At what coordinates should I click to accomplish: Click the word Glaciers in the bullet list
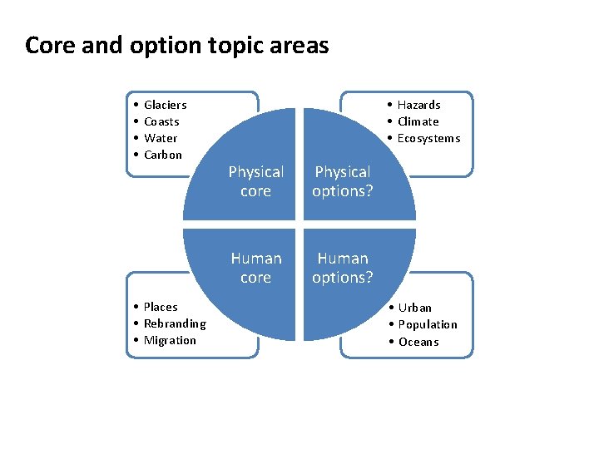point(165,105)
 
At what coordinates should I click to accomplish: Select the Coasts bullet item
point(161,121)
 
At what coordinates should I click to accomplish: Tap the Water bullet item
point(161,138)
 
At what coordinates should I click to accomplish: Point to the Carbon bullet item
point(162,155)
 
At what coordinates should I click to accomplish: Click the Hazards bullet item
point(418,105)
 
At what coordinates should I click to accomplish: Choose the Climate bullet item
point(418,121)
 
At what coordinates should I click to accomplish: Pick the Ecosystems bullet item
point(428,138)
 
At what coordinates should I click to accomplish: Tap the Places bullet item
point(161,307)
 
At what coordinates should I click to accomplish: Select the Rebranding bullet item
point(175,323)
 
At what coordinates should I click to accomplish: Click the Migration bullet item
point(170,340)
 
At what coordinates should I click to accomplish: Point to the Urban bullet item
point(414,308)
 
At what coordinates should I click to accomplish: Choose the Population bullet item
point(428,324)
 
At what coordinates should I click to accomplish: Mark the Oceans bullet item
point(418,342)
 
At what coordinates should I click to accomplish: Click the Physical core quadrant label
point(255,181)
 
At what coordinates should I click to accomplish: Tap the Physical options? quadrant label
point(342,181)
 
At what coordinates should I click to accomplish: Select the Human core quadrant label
point(255,268)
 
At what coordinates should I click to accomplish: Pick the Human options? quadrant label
point(342,268)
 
